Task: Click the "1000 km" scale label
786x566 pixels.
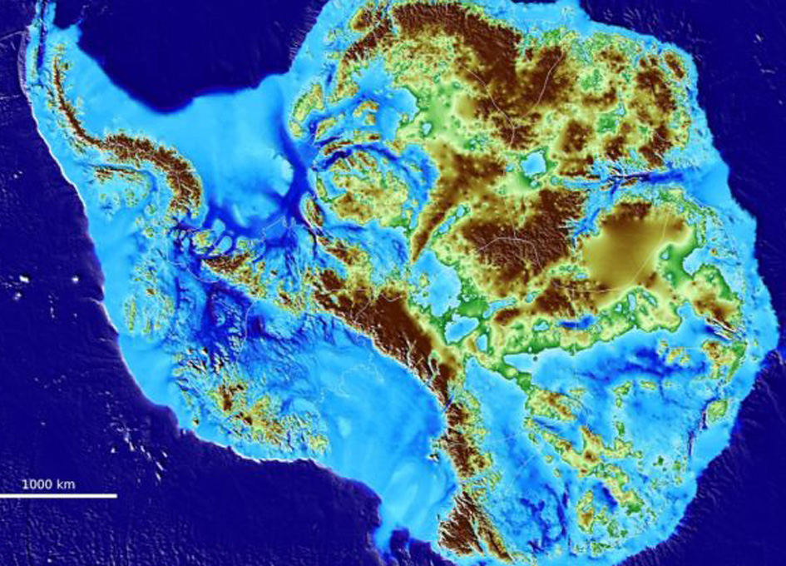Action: point(48,484)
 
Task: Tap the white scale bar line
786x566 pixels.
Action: point(58,496)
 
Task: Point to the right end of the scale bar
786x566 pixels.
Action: point(116,496)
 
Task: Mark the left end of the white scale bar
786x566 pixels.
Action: point(1,496)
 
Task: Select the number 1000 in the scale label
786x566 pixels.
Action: point(38,484)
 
